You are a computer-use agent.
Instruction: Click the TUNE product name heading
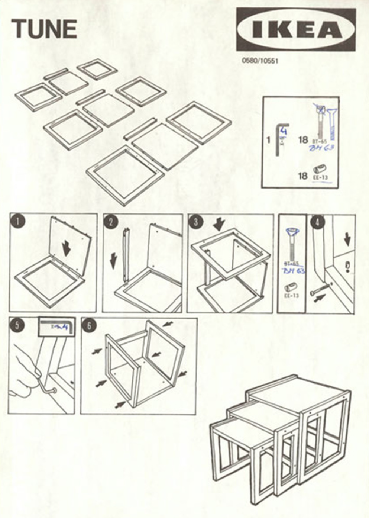click(44, 29)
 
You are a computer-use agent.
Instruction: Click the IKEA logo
click(296, 29)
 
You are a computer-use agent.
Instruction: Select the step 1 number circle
click(18, 222)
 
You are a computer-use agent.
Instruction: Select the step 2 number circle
click(111, 222)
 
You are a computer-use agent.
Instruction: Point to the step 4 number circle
click(318, 222)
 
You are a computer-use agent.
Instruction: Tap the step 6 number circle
click(89, 326)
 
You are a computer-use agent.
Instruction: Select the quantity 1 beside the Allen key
click(268, 140)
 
